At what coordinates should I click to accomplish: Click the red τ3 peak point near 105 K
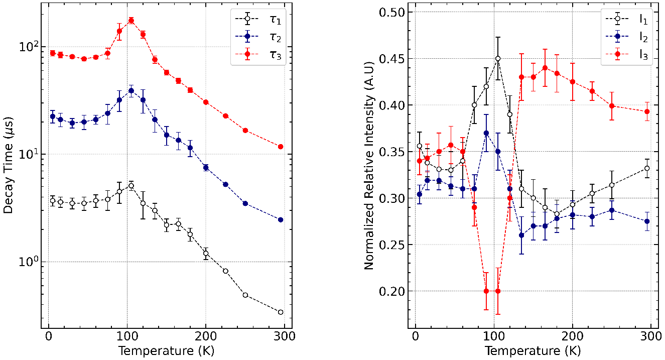click(131, 21)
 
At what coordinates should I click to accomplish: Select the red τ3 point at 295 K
click(281, 147)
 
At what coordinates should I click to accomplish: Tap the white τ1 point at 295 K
click(281, 312)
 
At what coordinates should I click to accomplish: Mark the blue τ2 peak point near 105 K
click(131, 91)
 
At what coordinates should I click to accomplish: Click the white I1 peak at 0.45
click(498, 58)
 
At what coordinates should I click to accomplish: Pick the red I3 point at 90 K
click(486, 291)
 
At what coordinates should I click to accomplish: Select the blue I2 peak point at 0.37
click(486, 133)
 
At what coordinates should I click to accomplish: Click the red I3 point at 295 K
click(647, 111)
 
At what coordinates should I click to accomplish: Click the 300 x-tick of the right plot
click(651, 336)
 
